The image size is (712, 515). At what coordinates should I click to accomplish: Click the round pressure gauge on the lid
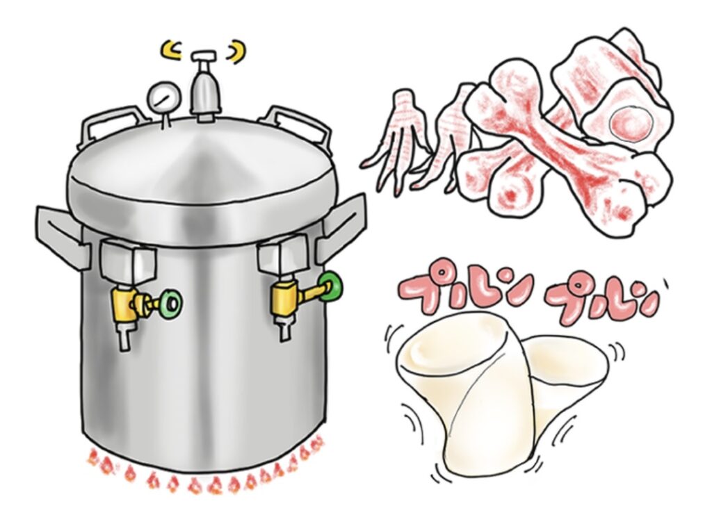[161, 98]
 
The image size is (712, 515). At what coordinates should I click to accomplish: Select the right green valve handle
[330, 286]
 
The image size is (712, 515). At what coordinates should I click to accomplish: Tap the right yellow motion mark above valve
[237, 51]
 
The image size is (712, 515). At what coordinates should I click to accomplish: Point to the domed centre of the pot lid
[205, 168]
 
